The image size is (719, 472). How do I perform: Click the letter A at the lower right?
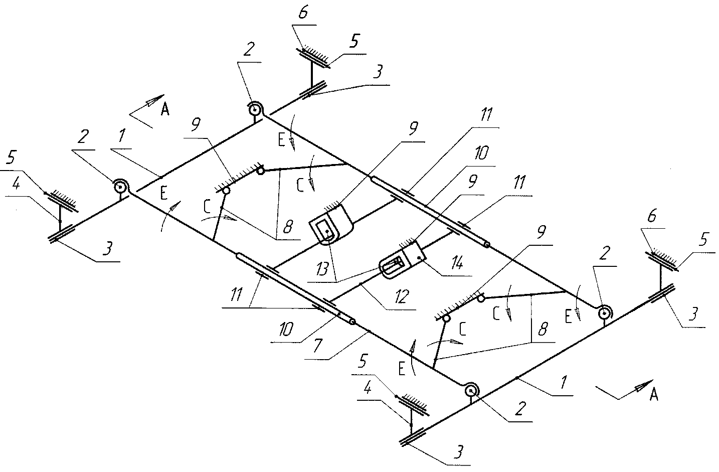(x=653, y=396)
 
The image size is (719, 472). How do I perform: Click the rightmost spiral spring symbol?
(x=606, y=313)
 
